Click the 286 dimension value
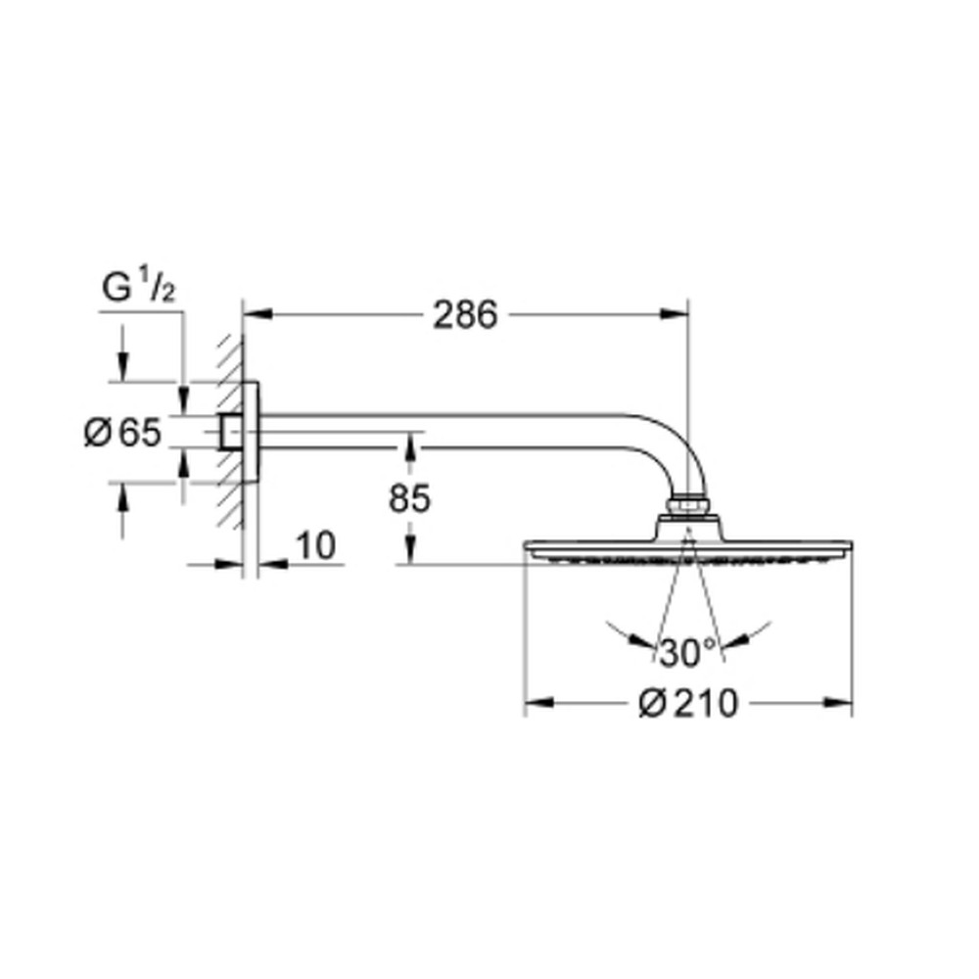click(465, 314)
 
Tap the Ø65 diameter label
click(123, 432)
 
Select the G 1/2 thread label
click(139, 286)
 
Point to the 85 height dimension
click(409, 498)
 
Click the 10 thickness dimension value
click(316, 545)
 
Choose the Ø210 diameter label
click(688, 704)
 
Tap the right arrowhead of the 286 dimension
click(675, 314)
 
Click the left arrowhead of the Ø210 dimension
click(539, 703)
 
